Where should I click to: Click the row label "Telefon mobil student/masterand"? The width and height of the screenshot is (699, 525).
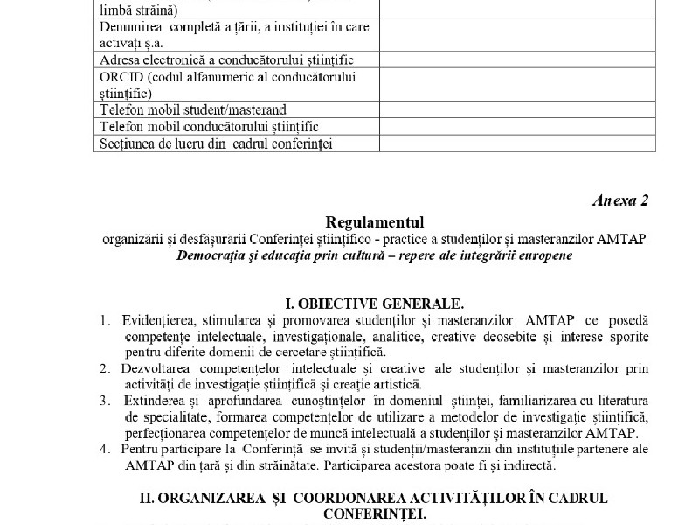(x=193, y=111)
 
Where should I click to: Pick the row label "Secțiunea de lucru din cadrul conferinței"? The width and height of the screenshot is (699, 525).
(x=217, y=143)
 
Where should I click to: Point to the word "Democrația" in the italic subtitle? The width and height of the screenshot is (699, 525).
(x=213, y=255)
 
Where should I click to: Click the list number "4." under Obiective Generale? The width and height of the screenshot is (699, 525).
(x=104, y=449)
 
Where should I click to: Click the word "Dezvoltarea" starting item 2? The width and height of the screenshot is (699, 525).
(x=161, y=368)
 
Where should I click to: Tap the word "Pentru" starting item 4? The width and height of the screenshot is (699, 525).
(x=142, y=449)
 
